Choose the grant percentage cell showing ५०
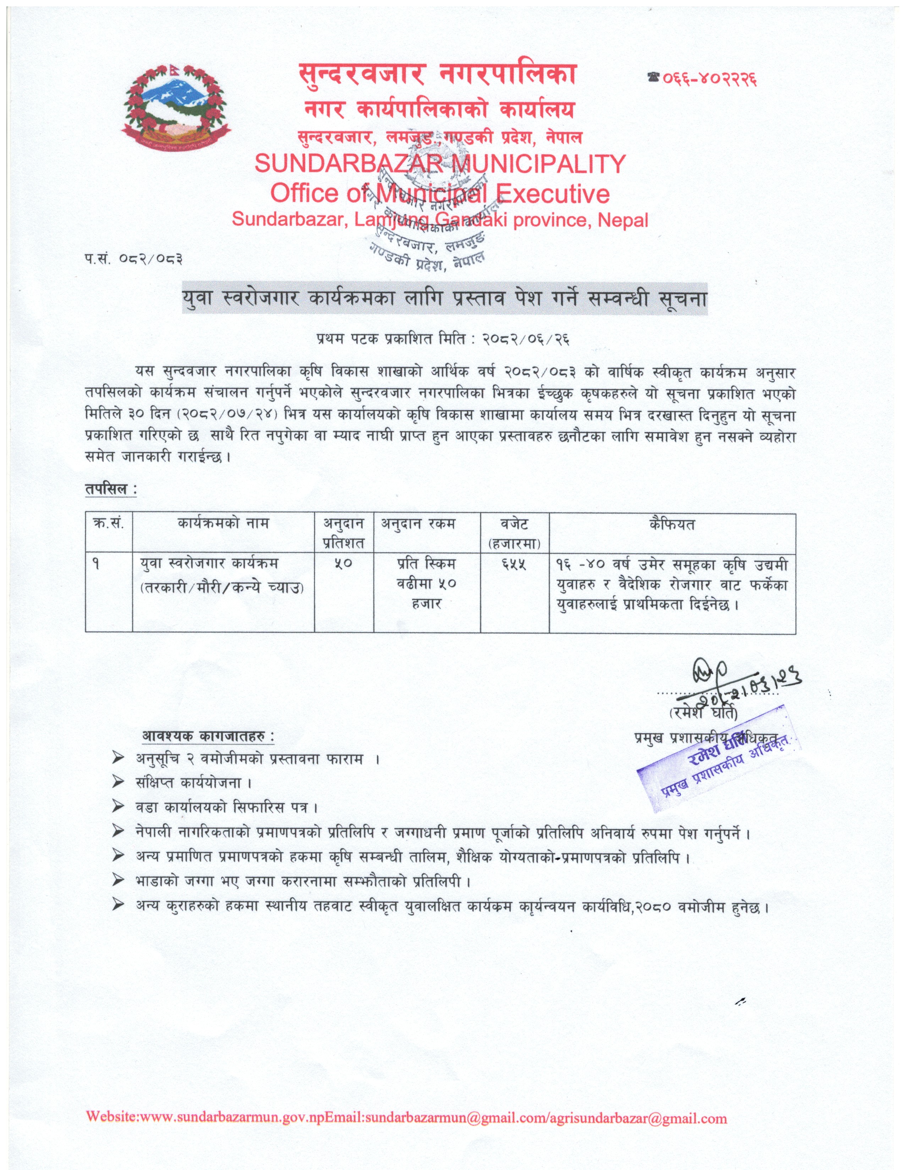tap(343, 564)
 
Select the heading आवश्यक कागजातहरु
tap(208, 736)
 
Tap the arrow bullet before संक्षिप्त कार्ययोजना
tap(119, 783)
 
